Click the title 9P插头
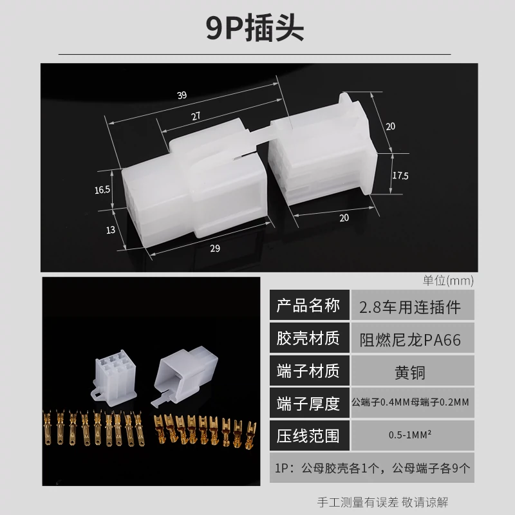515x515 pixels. pos(255,28)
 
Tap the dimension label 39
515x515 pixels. pos(182,95)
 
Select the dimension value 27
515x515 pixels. pos(196,116)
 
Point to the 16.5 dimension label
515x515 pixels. pos(102,190)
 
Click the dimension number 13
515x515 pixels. pos(111,230)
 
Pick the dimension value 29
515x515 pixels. pos(215,248)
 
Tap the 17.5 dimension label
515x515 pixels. pos(400,176)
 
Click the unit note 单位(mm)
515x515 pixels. pos(448,281)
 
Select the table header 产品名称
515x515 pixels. pos(308,305)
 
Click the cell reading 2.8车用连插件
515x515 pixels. pos(410,307)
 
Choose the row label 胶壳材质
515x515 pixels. pos(308,339)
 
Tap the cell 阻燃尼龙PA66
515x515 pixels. pos(410,340)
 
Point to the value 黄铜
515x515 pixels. pos(410,373)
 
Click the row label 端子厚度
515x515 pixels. pos(308,404)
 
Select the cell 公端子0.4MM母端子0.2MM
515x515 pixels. pos(410,402)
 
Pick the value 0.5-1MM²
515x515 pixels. pos(410,435)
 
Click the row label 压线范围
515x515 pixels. pos(308,436)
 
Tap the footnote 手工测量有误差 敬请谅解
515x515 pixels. pos(382,502)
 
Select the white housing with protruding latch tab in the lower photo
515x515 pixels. pos(184,374)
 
